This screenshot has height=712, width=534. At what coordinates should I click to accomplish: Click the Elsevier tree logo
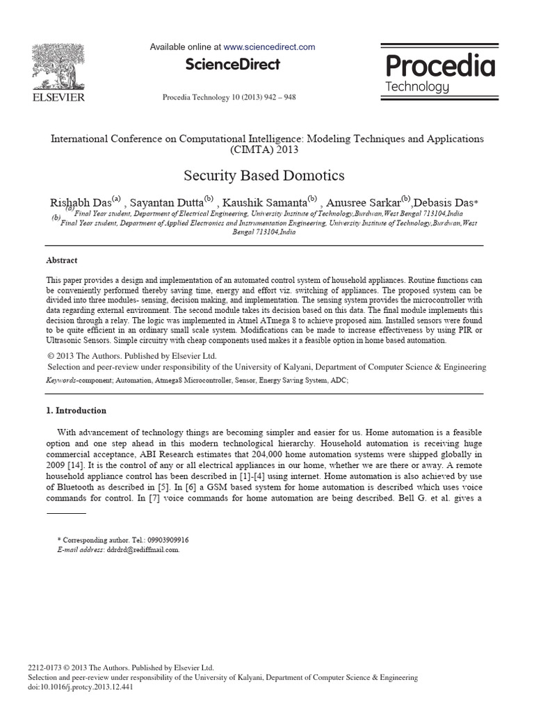coord(58,65)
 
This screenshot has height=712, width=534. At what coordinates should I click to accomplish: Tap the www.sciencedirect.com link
coord(269,47)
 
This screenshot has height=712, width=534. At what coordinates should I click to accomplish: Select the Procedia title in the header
coord(440,66)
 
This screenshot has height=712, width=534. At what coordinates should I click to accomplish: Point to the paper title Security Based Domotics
coord(264,175)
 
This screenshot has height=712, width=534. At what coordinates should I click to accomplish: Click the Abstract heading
coord(62,260)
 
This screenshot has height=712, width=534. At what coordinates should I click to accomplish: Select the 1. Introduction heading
coord(76,410)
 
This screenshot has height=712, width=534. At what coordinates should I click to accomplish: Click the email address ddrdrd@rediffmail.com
coord(142,549)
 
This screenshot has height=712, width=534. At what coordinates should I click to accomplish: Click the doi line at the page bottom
coord(80,687)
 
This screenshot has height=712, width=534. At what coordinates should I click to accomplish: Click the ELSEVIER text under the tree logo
coord(58,97)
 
